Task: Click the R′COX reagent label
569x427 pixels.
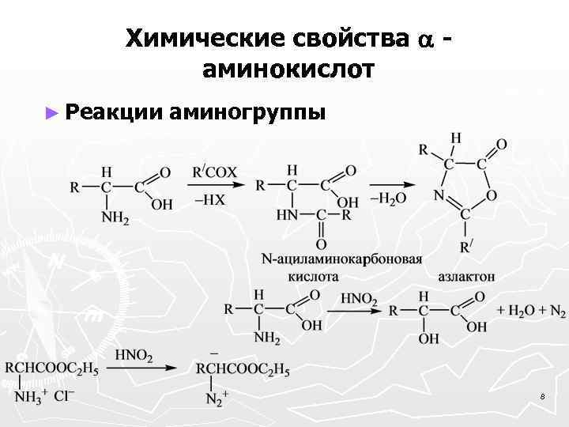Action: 214,172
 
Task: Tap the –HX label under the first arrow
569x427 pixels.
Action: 210,200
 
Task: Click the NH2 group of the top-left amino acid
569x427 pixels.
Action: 115,219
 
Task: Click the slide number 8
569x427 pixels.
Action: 543,395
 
